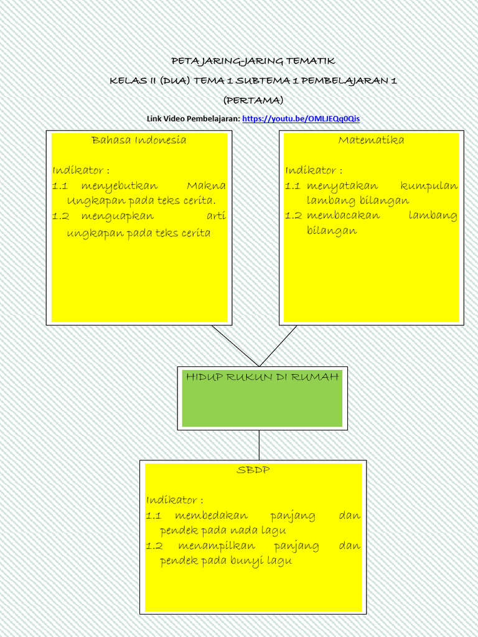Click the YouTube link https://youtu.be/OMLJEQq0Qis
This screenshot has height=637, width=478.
tap(301, 118)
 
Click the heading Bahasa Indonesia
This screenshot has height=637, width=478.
tap(139, 140)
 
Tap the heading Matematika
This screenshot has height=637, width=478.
tap(371, 140)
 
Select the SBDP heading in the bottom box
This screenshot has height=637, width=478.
tap(253, 470)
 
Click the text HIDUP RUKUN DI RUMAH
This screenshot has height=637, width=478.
tap(262, 377)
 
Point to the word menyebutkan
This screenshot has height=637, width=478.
tap(119, 186)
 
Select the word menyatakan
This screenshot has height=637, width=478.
tap(342, 186)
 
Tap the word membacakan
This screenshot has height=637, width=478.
tap(342, 216)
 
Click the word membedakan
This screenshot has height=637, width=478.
tap(211, 516)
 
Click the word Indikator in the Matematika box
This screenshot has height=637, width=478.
tap(311, 170)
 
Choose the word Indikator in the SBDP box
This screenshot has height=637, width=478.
tap(172, 500)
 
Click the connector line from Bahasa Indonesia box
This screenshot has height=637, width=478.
tap(235, 346)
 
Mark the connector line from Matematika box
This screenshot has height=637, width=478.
tap(279, 346)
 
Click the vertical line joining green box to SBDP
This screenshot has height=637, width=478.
tap(259, 445)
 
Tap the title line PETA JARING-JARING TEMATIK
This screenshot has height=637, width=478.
tap(253, 61)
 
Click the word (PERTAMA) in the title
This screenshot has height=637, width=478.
tap(253, 100)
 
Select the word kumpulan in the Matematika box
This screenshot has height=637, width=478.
tap(429, 186)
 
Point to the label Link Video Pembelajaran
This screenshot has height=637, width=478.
tap(193, 118)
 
